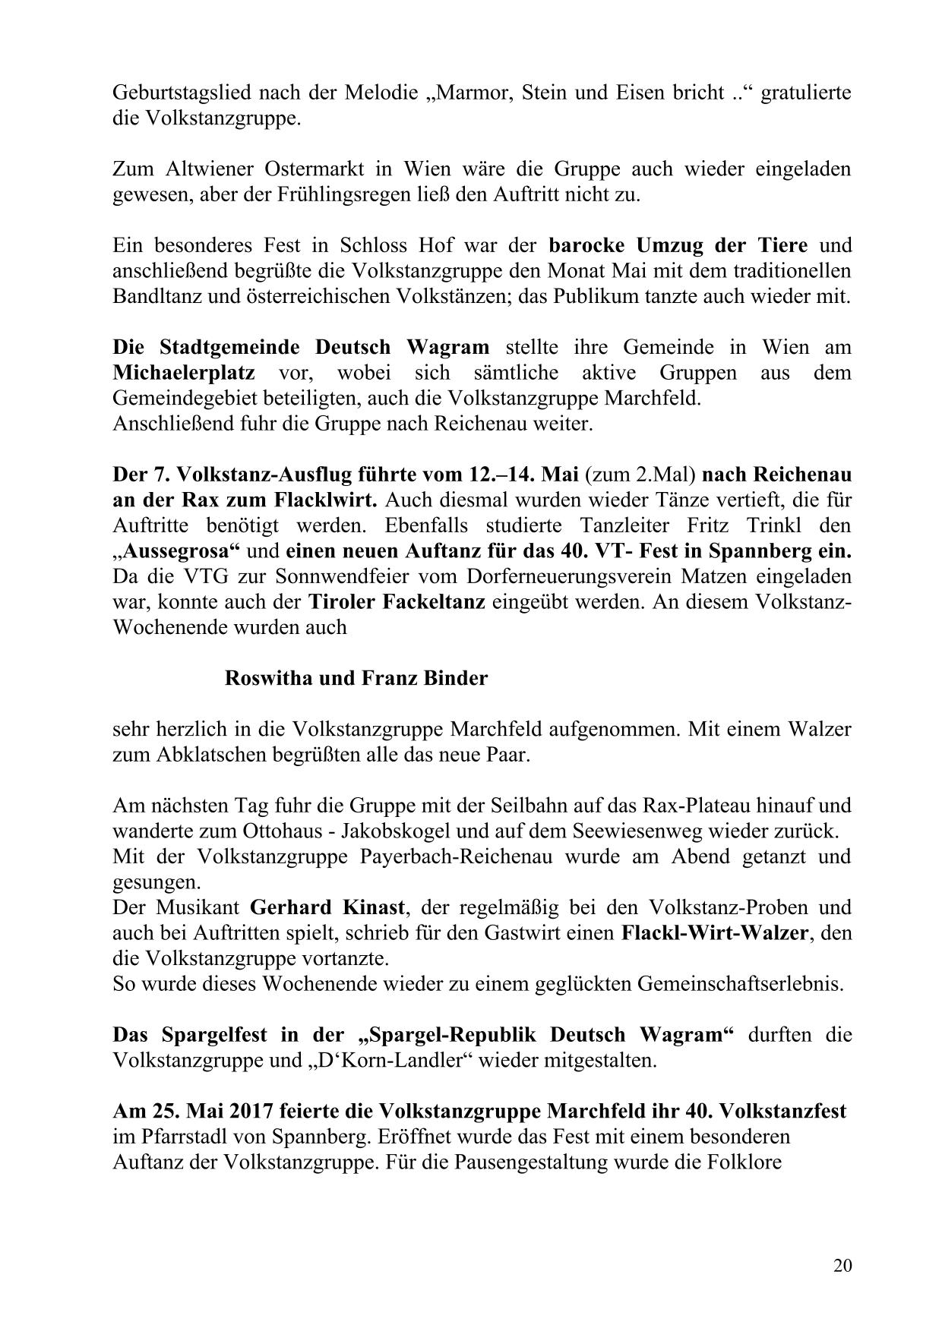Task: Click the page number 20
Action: coord(842,1265)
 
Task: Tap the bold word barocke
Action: coord(588,245)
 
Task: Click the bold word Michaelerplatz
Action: coord(184,373)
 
